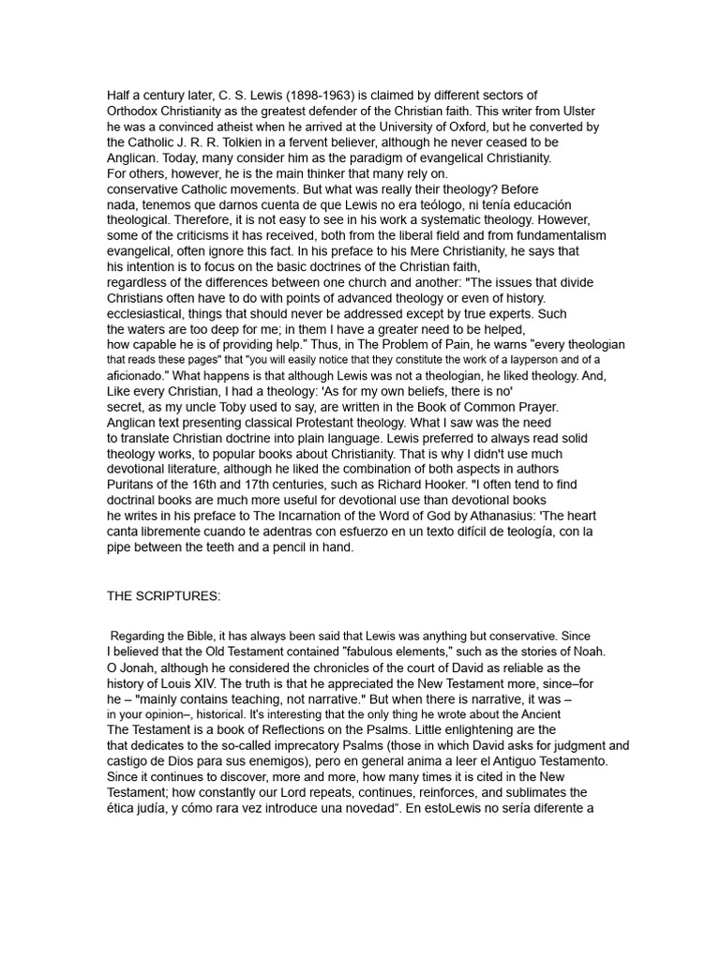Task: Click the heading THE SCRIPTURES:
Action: (x=163, y=595)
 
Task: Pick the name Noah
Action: (x=588, y=652)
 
